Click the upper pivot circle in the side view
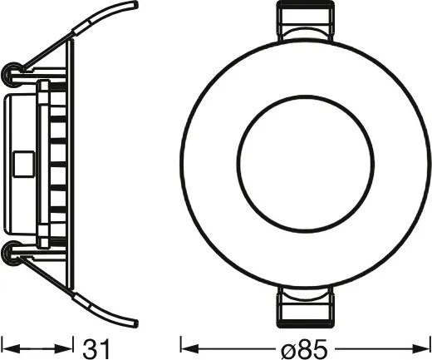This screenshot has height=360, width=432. [x=12, y=74]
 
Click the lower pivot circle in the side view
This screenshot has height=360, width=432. [x=12, y=252]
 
